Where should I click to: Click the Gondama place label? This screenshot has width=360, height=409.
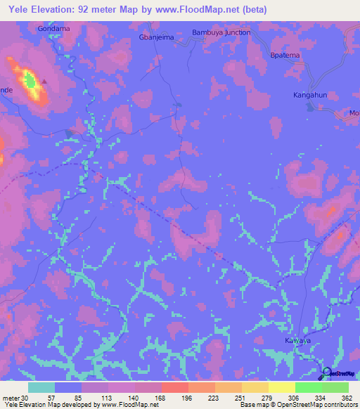click(54, 29)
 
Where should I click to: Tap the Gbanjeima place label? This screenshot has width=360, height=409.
click(156, 38)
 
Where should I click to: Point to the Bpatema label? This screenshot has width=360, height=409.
click(286, 55)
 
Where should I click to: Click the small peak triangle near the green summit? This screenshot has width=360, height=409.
click(44, 81)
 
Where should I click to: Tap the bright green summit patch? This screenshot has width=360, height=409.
click(30, 82)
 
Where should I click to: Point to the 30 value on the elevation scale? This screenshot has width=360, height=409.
click(26, 398)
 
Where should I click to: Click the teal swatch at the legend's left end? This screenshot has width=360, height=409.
click(41, 387)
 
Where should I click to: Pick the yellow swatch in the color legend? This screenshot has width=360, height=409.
click(281, 387)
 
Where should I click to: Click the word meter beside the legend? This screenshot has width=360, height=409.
click(11, 398)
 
